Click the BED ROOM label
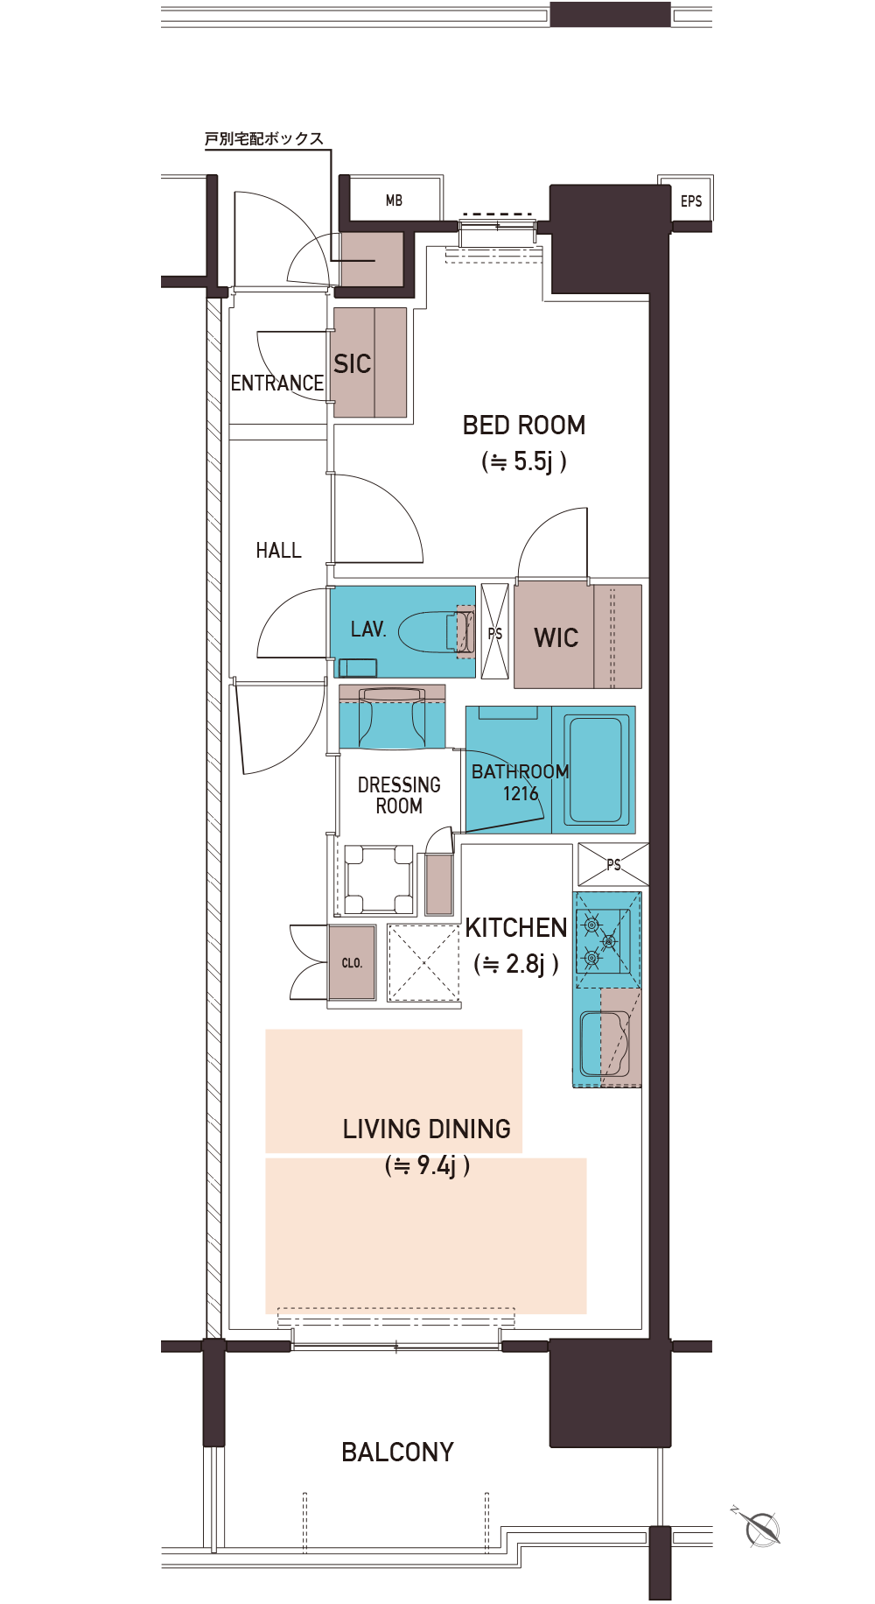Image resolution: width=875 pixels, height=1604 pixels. [x=524, y=426]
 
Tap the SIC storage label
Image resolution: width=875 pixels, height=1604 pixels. [x=353, y=364]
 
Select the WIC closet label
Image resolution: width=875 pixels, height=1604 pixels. [x=556, y=638]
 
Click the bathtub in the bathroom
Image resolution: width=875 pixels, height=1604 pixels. [x=597, y=770]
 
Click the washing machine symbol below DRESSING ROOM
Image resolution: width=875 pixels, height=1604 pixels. [x=379, y=880]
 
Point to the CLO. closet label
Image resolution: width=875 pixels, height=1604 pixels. [x=352, y=963]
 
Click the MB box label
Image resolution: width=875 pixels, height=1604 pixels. [x=395, y=200]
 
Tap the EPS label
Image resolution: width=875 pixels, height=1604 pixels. [x=691, y=201]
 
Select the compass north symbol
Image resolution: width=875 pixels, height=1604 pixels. [x=759, y=1527]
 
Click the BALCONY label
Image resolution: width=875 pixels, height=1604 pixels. [x=397, y=1453]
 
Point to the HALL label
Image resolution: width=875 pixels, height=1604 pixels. [x=278, y=551]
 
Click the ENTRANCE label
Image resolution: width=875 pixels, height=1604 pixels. [x=277, y=383]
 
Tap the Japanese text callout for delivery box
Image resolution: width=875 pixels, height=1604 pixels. [x=264, y=138]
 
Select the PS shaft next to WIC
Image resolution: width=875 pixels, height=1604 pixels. [x=495, y=631]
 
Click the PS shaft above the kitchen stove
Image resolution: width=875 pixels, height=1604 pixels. [x=613, y=864]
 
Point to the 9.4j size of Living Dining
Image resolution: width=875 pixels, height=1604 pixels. [x=427, y=1165]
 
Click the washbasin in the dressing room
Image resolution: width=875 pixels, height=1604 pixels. [x=392, y=717]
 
